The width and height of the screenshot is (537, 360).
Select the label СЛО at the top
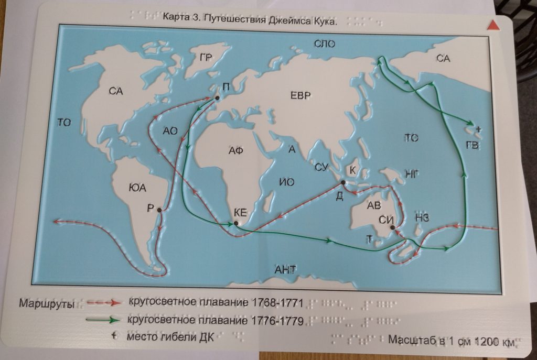[325, 45]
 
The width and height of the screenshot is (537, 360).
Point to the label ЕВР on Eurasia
[300, 95]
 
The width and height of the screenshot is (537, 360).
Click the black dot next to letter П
[217, 98]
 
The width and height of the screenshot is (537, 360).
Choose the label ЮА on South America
[136, 187]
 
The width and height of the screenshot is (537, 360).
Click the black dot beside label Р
[159, 210]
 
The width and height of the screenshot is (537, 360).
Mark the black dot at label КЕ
[236, 223]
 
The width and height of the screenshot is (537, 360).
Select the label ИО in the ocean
[287, 182]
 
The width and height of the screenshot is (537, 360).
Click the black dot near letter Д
[342, 183]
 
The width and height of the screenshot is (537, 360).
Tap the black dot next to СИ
[392, 227]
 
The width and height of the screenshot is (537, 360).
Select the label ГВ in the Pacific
[472, 145]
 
